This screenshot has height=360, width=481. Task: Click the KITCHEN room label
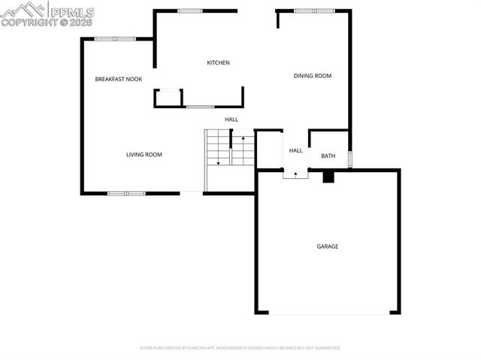pos(218,62)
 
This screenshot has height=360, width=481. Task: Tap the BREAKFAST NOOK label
pos(118,79)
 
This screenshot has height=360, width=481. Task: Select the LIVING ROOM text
pos(144,155)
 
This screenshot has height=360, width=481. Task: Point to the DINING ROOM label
pos(312,76)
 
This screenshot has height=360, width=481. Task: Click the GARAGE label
pos(327,247)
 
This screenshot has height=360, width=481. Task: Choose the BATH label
pos(328,156)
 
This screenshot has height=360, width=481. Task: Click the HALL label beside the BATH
pos(295,150)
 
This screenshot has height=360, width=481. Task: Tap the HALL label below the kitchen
pos(231,119)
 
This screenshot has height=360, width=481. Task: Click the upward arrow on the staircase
pos(243,140)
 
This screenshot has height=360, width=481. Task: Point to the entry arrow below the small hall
pos(295,174)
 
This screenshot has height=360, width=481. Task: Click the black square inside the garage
pos(328,177)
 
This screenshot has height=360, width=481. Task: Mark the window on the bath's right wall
pos(349,159)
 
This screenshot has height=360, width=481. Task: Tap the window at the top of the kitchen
pos(190,11)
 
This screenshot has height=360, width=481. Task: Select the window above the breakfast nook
pos(115,38)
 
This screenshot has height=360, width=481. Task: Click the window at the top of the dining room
pos(305,11)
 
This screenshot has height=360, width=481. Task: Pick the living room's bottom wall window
pos(126,193)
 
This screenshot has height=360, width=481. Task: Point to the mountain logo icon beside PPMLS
pos(23,10)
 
